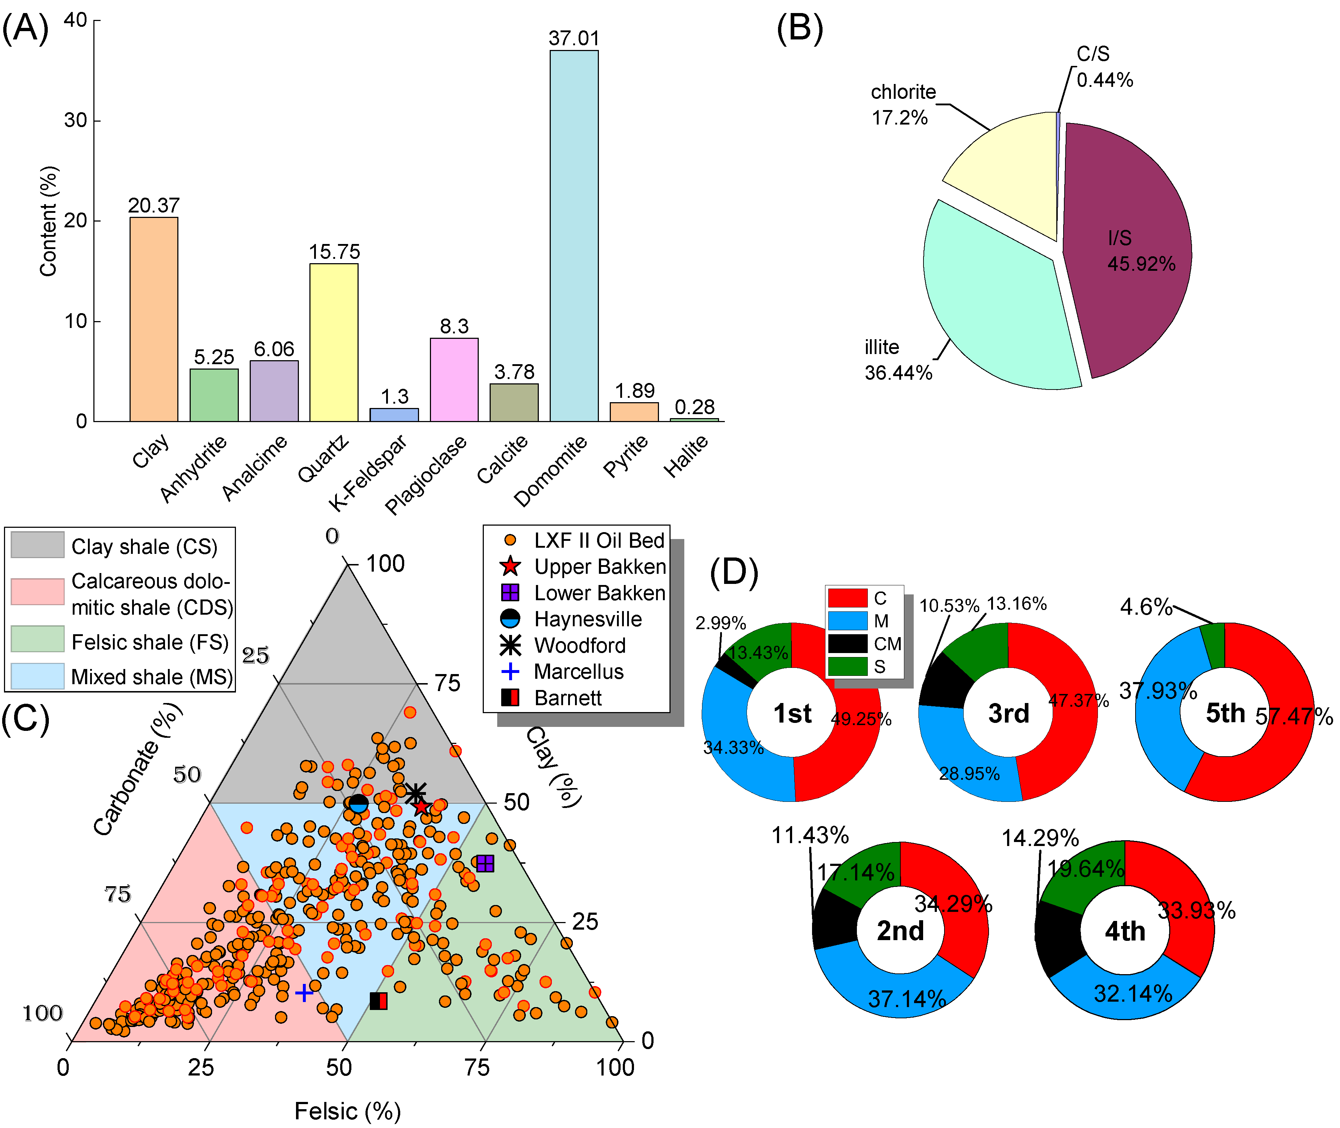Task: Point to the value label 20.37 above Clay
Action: click(153, 205)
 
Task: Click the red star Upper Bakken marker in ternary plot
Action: click(420, 807)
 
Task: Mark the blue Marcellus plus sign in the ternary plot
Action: click(304, 993)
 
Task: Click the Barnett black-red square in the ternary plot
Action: click(379, 1001)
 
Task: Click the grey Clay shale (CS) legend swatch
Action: click(37, 545)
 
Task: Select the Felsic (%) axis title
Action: click(347, 1111)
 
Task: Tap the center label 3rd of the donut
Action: click(1008, 713)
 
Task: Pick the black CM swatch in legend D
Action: click(847, 643)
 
